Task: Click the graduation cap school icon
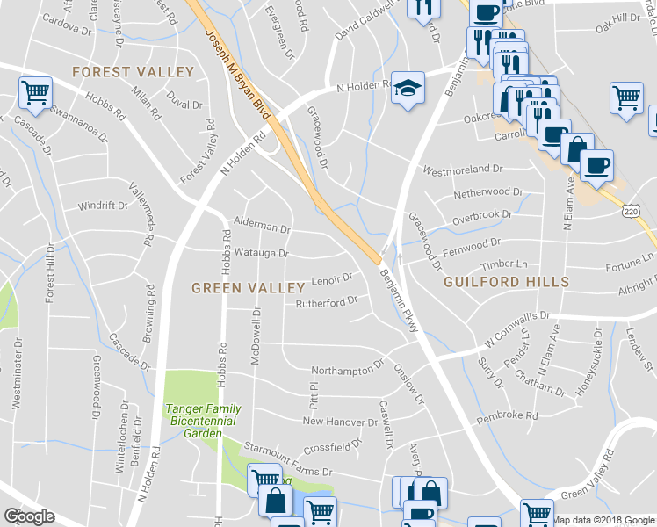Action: pos(407,89)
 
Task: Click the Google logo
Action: pos(28,516)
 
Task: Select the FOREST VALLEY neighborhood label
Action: pos(133,71)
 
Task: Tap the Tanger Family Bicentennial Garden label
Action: pos(204,422)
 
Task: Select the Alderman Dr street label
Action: pos(261,227)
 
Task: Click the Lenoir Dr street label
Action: pos(332,278)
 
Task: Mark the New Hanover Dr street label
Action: pos(338,421)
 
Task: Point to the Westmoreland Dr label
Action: pos(462,170)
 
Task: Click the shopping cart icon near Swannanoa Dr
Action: pos(35,92)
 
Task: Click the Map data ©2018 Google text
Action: pos(603,520)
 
